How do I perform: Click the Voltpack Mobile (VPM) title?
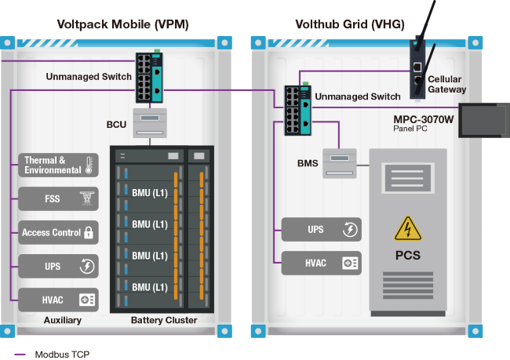(x=122, y=24)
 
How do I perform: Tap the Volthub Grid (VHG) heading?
(x=350, y=24)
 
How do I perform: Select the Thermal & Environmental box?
(x=58, y=165)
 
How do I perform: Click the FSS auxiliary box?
(x=58, y=198)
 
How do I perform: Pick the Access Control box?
(x=58, y=232)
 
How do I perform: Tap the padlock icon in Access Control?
(x=89, y=232)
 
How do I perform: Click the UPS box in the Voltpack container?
(x=58, y=267)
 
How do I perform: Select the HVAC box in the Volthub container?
(x=322, y=263)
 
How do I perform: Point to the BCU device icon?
(x=150, y=123)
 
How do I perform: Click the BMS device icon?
(x=340, y=163)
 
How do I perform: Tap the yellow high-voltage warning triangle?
(x=408, y=228)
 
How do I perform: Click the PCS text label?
(x=408, y=255)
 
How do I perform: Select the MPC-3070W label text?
(x=424, y=119)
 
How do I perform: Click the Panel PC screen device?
(x=484, y=120)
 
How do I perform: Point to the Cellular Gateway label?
(x=447, y=84)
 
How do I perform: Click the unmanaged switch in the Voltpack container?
(x=149, y=78)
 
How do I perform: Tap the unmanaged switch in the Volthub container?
(x=298, y=110)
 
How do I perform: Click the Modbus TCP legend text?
(x=62, y=355)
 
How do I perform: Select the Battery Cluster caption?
(x=164, y=320)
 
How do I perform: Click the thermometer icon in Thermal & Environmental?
(x=89, y=165)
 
